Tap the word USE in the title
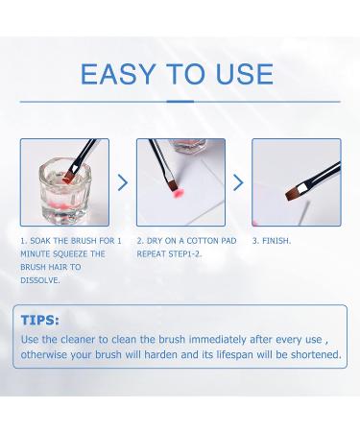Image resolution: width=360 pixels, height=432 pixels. (x=245, y=74)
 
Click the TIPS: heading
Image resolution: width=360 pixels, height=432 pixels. (x=40, y=320)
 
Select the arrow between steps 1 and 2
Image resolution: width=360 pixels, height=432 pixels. (x=123, y=182)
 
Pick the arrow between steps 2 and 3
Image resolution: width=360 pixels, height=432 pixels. (x=238, y=182)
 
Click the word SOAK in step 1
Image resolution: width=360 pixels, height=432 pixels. (x=40, y=241)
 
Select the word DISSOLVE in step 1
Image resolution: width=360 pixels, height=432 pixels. (x=40, y=280)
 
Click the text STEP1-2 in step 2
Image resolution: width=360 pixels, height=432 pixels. (x=185, y=254)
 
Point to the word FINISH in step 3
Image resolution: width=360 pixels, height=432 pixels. (x=276, y=241)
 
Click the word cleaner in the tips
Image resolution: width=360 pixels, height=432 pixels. (x=78, y=339)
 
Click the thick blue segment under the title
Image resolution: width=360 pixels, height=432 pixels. (x=180, y=102)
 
